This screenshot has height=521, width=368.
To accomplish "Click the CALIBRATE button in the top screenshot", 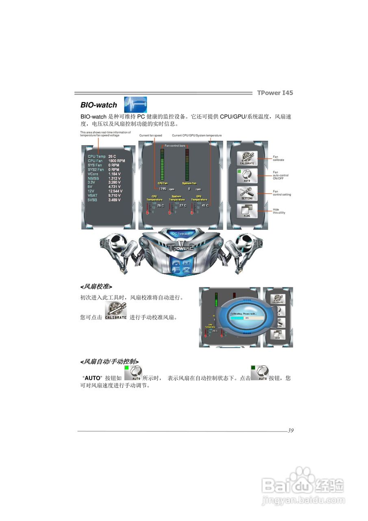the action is click(x=247, y=158).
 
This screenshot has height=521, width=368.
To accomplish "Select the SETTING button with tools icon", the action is click(x=247, y=193).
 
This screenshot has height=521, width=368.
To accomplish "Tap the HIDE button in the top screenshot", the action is click(x=247, y=211).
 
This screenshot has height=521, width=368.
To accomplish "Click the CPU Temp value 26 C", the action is click(x=112, y=156).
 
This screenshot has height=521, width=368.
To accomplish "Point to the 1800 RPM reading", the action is click(x=117, y=161).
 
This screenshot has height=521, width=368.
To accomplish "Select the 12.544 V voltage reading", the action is click(x=115, y=191).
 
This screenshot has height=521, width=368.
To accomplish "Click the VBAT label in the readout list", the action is click(x=93, y=196).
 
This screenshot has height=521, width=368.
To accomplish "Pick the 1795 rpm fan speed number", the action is click(x=162, y=189).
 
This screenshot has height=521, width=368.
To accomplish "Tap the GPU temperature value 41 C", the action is click(x=205, y=206).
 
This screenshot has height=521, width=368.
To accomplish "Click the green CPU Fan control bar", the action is click(x=163, y=164).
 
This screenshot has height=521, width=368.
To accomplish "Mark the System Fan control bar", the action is click(x=187, y=164).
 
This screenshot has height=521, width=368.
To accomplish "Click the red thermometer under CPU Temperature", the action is click(x=148, y=208).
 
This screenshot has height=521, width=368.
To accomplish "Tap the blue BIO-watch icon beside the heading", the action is click(x=135, y=105).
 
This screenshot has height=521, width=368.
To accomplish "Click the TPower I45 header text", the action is click(x=275, y=93).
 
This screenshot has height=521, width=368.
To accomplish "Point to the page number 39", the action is click(x=290, y=431).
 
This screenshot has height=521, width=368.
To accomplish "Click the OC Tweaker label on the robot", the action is click(x=181, y=234).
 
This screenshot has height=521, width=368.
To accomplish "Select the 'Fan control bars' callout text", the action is click(x=175, y=145).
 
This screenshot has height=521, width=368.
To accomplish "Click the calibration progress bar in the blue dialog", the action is click(x=246, y=318).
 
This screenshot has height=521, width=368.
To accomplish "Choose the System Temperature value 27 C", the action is click(x=183, y=206).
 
